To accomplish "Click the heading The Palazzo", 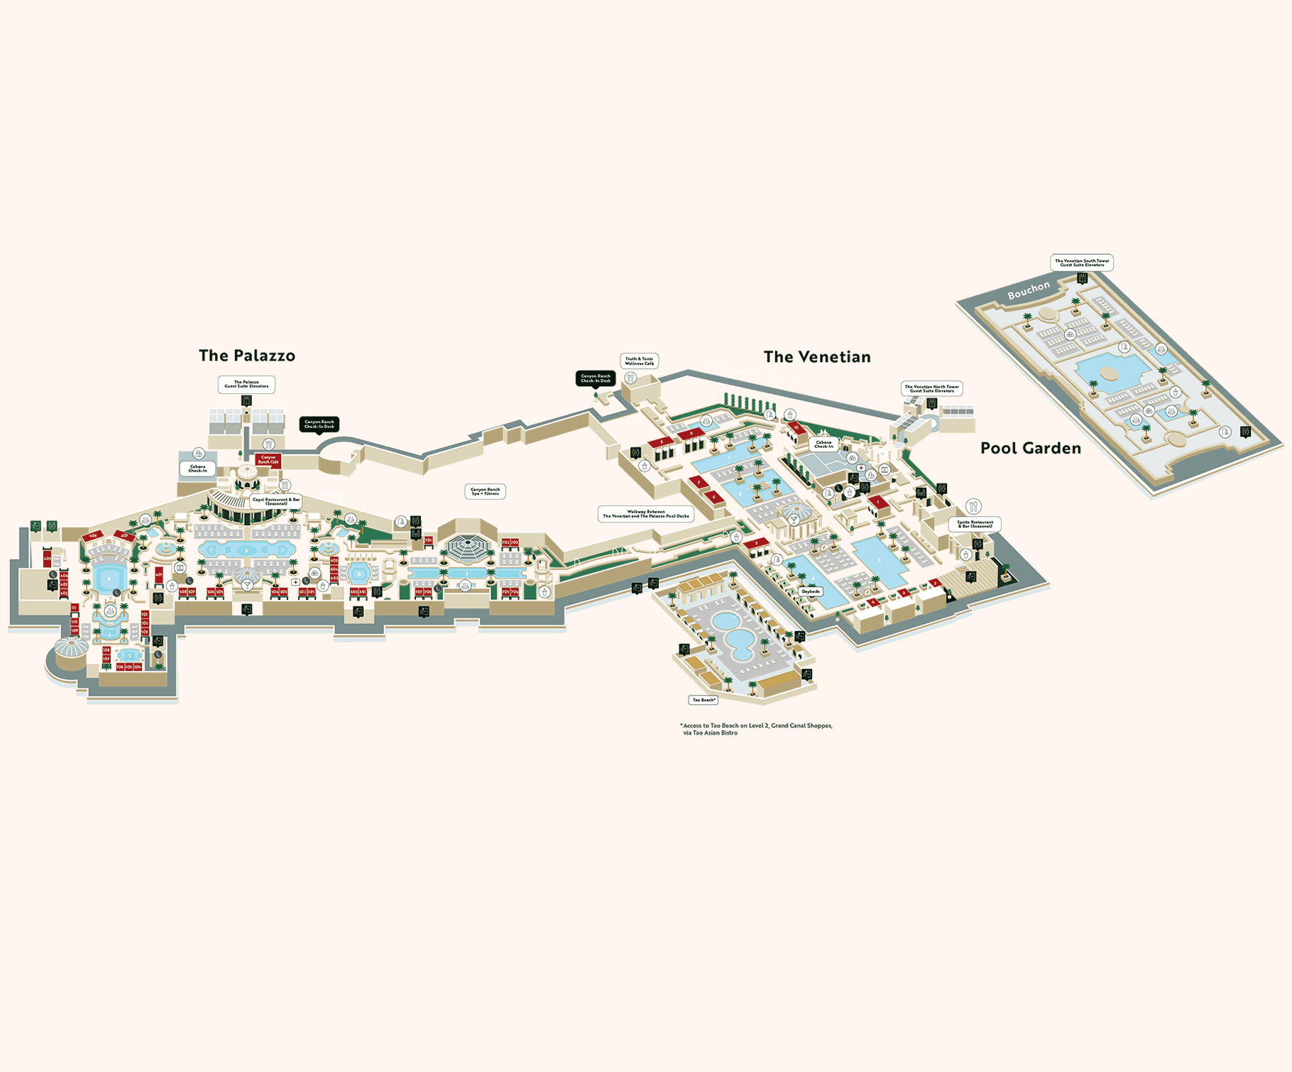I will [246, 356].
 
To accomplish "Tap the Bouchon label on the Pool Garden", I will [1028, 290].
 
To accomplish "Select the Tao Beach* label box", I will [704, 700].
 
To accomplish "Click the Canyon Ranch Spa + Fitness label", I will [486, 491].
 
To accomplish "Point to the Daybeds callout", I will [810, 591].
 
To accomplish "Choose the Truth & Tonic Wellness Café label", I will [639, 361].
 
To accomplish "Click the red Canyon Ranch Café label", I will [268, 460].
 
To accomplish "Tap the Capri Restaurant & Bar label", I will [276, 501].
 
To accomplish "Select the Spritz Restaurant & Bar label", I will [975, 524].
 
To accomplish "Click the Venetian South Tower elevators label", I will [1081, 263].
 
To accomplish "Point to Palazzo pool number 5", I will [246, 550].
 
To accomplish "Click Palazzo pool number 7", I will [466, 574].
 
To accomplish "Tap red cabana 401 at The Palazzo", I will [159, 574].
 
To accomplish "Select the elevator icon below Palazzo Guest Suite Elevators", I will [246, 400].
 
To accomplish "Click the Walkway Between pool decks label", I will [645, 514].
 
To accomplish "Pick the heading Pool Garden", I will [1030, 448].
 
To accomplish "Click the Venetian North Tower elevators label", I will [931, 388].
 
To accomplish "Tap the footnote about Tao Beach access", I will [756, 729].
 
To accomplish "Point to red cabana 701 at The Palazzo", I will [428, 540].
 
